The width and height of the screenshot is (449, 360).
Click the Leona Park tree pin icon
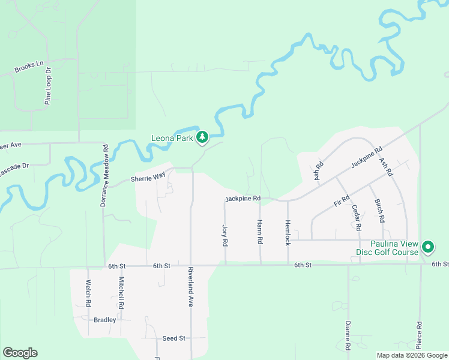tap(203, 138)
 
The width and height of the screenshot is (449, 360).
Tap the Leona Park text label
tap(172, 139)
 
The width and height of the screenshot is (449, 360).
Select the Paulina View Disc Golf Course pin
tap(428, 247)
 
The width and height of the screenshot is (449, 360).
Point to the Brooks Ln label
tap(29, 67)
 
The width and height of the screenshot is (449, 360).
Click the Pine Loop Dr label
tap(49, 86)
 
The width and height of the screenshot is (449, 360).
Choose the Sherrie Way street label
tap(148, 178)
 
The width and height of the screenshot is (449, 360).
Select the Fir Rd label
tap(342, 201)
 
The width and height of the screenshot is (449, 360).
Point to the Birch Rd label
tap(378, 211)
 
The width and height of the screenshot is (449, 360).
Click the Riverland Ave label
tap(190, 287)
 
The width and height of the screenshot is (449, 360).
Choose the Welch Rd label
tap(88, 293)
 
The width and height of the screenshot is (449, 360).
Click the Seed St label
tap(173, 338)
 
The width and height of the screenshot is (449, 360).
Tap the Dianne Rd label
tap(348, 335)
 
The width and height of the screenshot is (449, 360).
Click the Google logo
tap(20, 353)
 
